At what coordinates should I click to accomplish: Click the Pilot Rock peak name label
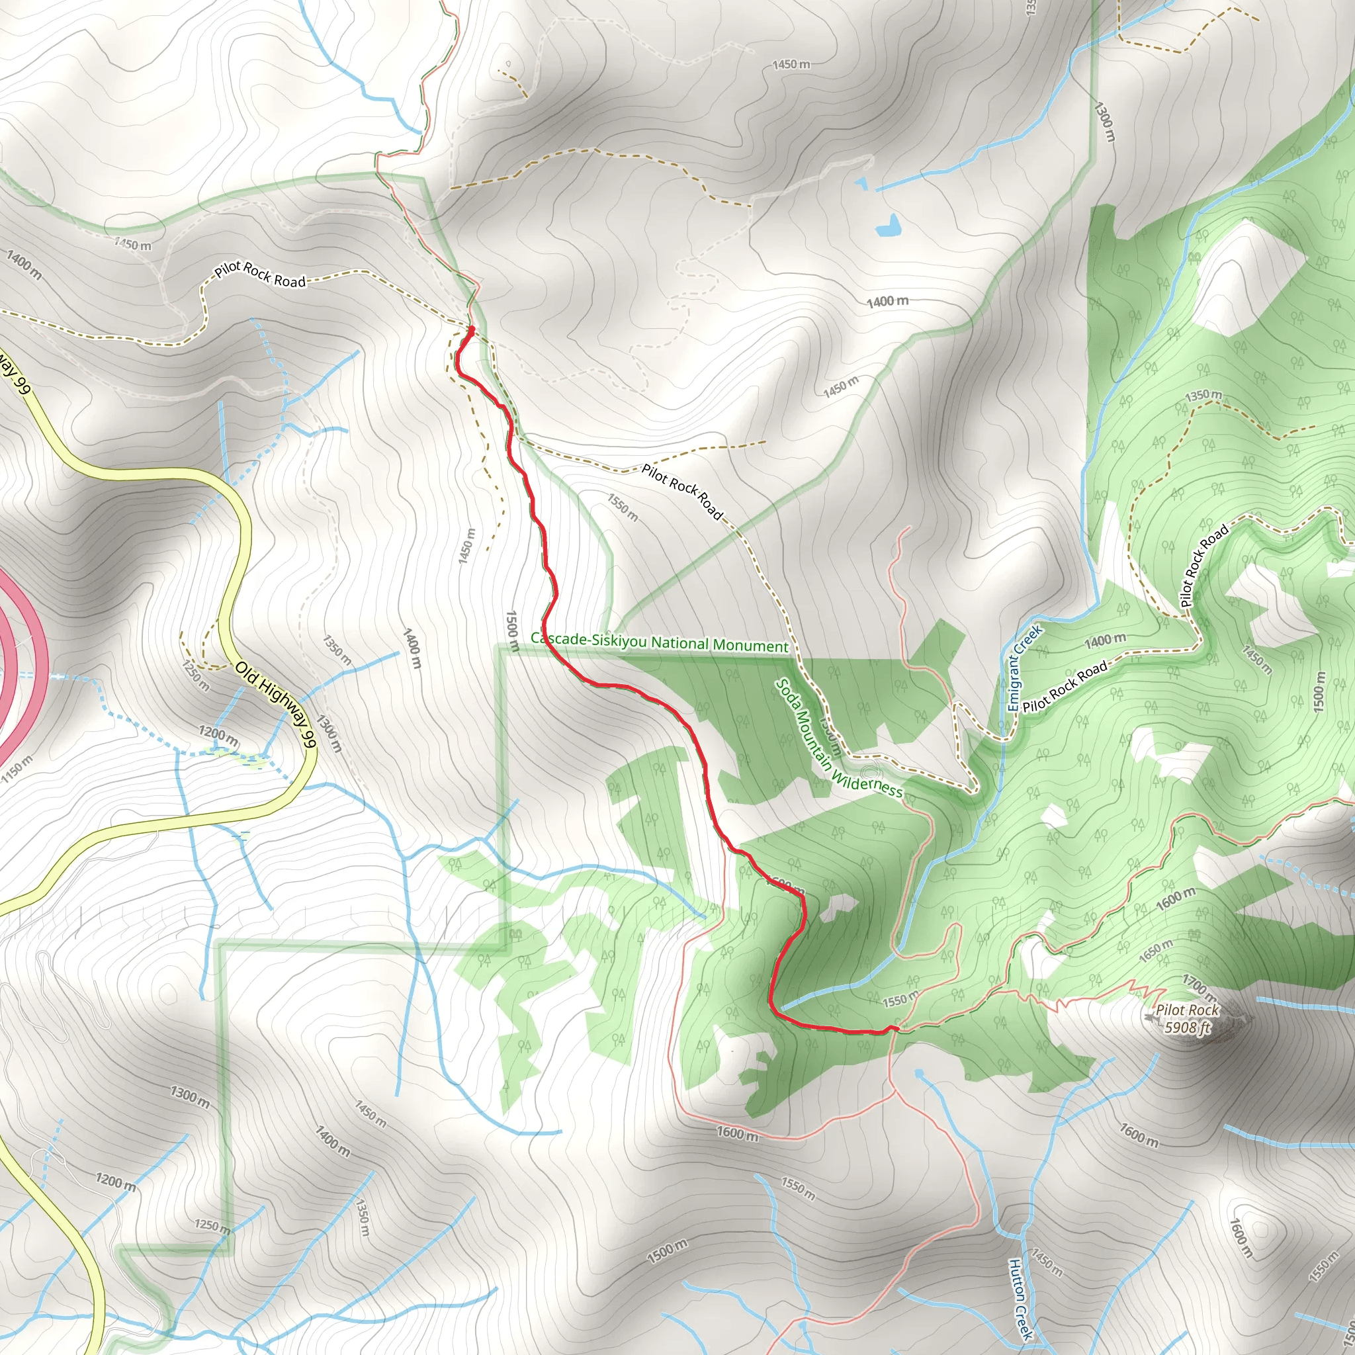pyautogui.click(x=1187, y=1010)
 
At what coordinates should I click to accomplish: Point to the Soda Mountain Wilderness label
pyautogui.click(x=839, y=739)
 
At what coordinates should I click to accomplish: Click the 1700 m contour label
pyautogui.click(x=1200, y=986)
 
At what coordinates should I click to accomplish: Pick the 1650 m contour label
pyautogui.click(x=1155, y=950)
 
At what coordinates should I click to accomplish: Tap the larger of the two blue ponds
pyautogui.click(x=888, y=225)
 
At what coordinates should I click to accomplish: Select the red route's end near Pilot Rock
pyautogui.click(x=896, y=1029)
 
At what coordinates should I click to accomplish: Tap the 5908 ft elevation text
pyautogui.click(x=1187, y=1027)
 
